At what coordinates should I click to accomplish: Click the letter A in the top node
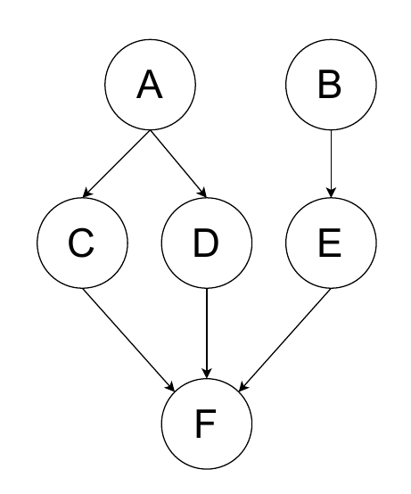click(150, 85)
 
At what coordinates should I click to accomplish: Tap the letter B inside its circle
click(330, 85)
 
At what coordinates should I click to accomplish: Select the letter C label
click(81, 243)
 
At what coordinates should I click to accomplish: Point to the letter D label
click(206, 243)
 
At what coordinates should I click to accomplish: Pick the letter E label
click(330, 243)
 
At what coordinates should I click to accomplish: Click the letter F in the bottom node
click(206, 424)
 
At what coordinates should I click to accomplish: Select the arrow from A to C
click(117, 164)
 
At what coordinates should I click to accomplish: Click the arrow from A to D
click(178, 164)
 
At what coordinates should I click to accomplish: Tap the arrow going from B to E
click(331, 163)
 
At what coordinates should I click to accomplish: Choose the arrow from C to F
click(128, 340)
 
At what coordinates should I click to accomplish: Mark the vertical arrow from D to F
click(207, 333)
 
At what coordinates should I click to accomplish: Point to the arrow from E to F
click(284, 340)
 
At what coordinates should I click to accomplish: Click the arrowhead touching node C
click(86, 193)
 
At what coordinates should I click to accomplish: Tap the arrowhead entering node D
click(202, 193)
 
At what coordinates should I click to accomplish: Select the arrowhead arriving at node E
click(331, 193)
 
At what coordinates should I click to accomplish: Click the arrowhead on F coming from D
click(207, 373)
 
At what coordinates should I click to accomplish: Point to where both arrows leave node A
click(151, 130)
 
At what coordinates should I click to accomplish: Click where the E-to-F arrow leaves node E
click(331, 288)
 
